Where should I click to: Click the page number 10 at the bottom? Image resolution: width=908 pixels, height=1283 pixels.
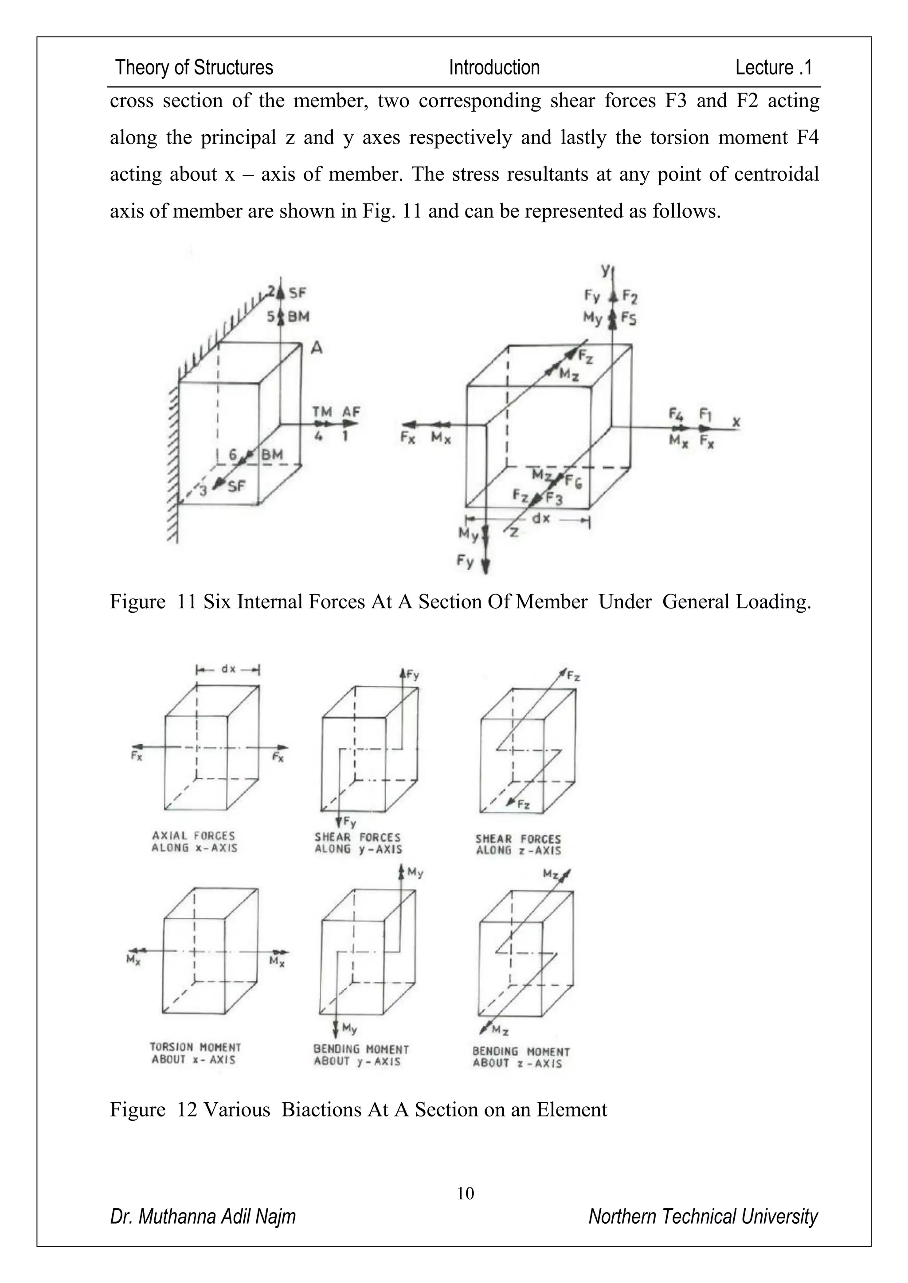coord(465,1193)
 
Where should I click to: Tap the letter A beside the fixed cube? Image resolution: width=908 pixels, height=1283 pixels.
coord(317,348)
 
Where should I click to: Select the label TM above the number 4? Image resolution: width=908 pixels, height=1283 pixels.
coord(322,412)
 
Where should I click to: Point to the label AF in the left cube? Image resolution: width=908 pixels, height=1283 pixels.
coord(351,412)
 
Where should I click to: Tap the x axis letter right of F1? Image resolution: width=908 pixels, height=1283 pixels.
coord(736,423)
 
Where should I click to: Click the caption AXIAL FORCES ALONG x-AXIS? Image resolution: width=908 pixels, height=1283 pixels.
coord(194,842)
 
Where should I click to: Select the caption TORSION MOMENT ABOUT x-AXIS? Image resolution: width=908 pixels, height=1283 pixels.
coord(195,1053)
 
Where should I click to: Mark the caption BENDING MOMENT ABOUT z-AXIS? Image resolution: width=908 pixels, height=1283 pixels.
coord(521,1057)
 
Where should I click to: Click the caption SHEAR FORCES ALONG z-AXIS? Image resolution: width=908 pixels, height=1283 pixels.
coord(518,844)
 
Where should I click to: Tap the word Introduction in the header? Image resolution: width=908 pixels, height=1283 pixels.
coord(494,68)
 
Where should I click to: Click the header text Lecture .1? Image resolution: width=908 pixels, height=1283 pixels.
coord(773,68)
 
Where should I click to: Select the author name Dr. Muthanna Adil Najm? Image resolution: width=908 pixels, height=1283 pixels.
coord(203,1217)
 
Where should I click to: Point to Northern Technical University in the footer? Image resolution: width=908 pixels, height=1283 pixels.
coord(703,1217)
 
